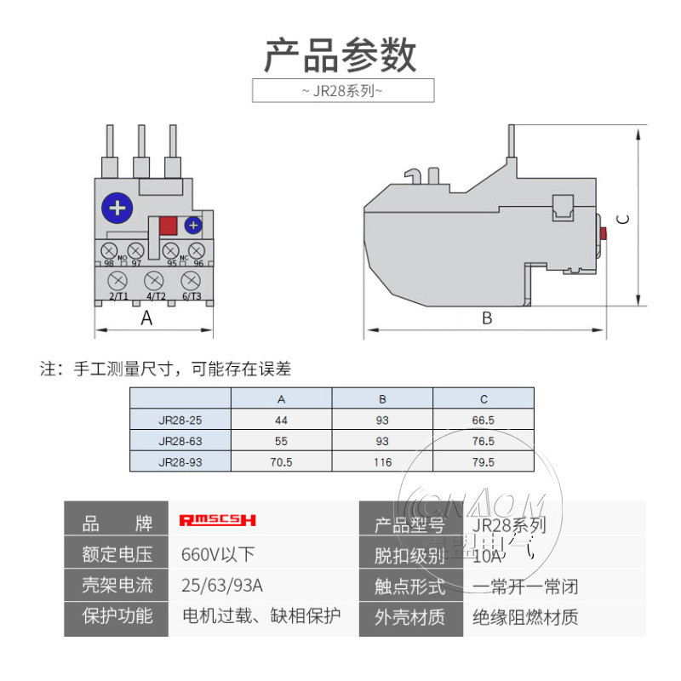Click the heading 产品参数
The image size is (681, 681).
coord(340,55)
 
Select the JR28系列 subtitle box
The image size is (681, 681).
coord(343,90)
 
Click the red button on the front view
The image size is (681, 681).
coord(168,226)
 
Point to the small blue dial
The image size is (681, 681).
coord(193,226)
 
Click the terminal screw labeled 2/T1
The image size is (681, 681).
coord(118,280)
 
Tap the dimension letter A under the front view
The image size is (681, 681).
coord(146,318)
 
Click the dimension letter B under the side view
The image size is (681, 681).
coord(487,318)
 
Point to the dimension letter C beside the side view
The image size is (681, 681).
coord(624,219)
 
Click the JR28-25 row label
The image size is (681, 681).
coord(180,420)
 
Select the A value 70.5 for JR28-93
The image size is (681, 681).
coord(281,462)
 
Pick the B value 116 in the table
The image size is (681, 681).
coord(382,462)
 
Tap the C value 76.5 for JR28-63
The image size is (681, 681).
coord(483,441)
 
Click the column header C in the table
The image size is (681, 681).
coord(483,398)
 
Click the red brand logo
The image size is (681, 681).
coord(218,520)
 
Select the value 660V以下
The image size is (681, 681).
coord(218,554)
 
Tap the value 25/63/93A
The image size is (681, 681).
coord(223,586)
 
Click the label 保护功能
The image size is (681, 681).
coord(117,616)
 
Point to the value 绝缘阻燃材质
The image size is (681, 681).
coord(525,617)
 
